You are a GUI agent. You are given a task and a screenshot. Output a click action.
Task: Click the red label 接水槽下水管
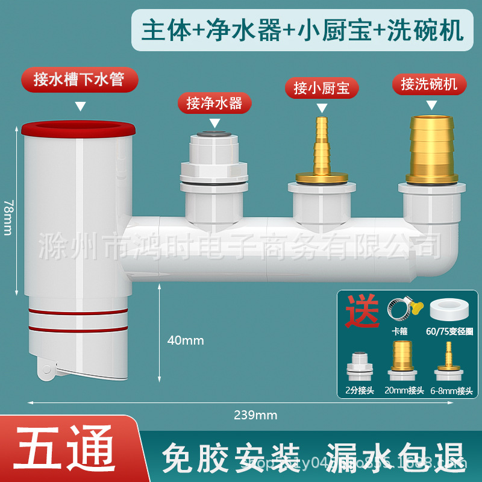click(79, 80)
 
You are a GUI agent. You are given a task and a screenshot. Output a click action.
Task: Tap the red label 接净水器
click(214, 103)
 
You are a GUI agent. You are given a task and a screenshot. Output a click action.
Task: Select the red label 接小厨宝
click(321, 88)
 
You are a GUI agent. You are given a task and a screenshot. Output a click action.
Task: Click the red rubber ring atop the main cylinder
click(78, 129)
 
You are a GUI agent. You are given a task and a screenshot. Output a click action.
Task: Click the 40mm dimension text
click(185, 340)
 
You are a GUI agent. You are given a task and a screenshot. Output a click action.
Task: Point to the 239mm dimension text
click(256, 415)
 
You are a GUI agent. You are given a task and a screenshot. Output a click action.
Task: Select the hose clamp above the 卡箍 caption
click(401, 309)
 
